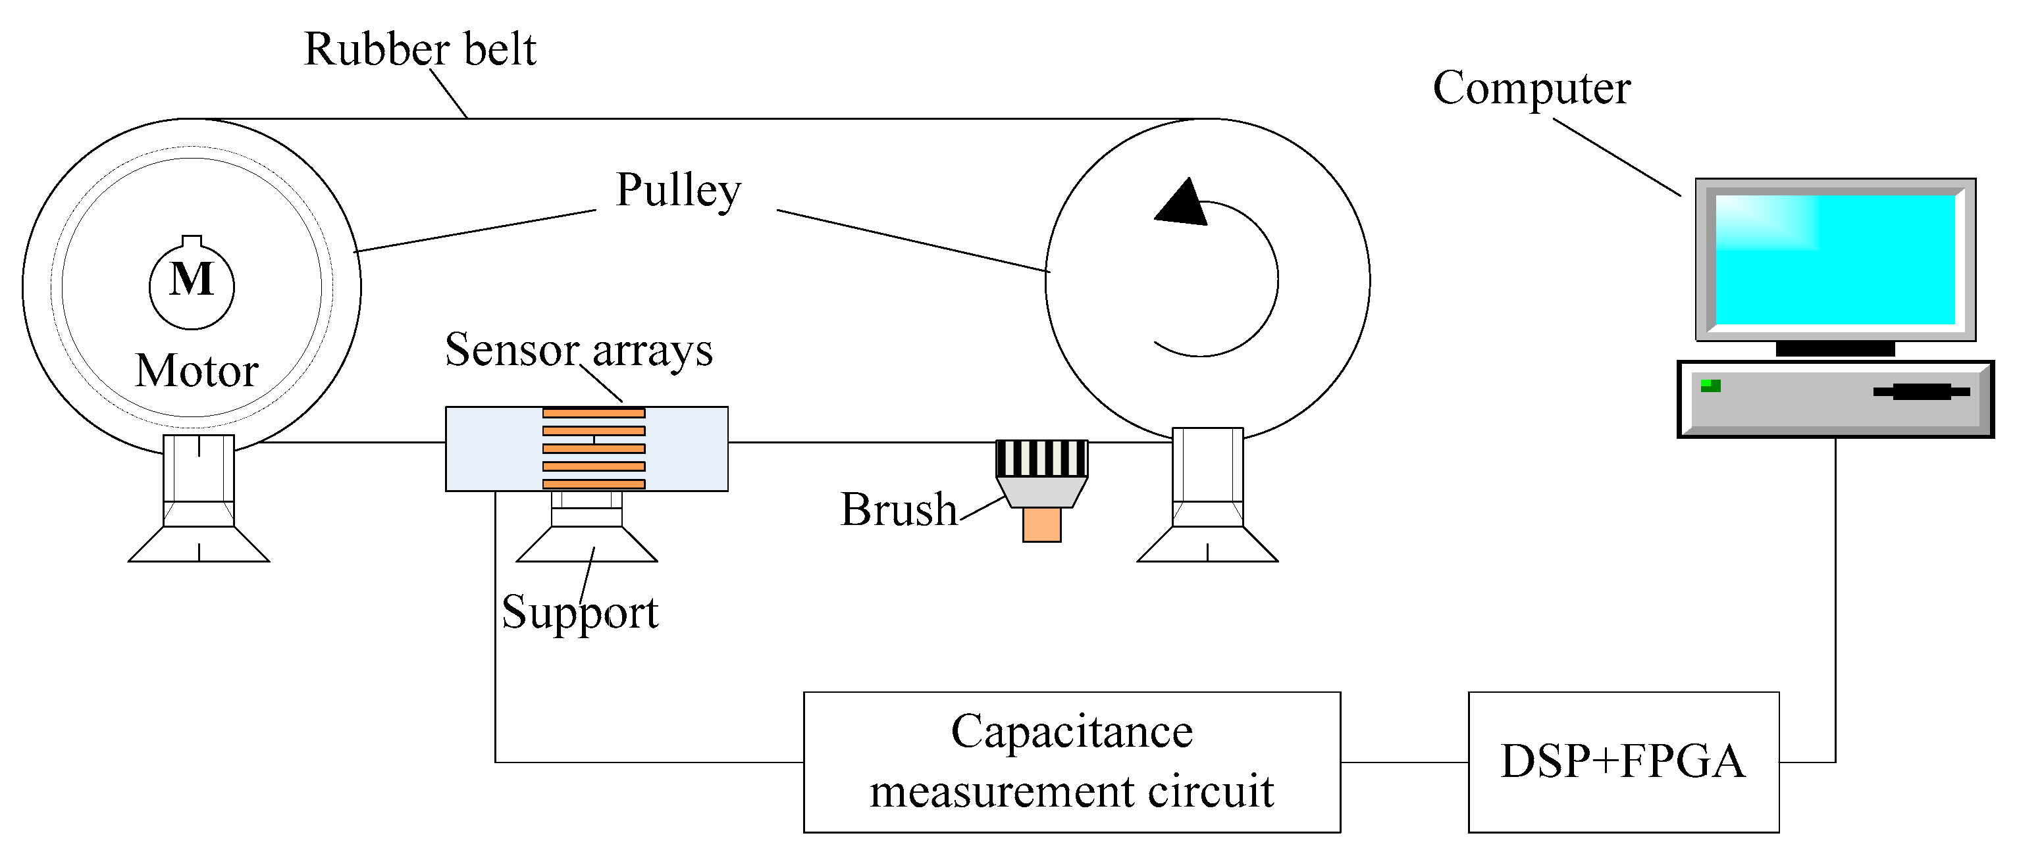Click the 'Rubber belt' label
point(420,49)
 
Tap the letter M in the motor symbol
point(192,280)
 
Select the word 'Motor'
point(197,370)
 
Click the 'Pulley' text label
point(678,190)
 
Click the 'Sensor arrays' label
point(579,350)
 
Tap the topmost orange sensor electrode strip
point(594,413)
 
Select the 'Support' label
point(579,612)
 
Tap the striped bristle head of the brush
point(1041,459)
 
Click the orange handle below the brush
point(1041,524)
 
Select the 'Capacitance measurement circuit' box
point(1071,762)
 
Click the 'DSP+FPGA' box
point(1623,762)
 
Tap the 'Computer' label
point(1532,87)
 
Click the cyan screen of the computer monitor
point(1835,259)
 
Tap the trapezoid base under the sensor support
point(587,545)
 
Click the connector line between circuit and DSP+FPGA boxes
point(1404,762)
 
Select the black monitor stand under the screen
point(1835,349)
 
